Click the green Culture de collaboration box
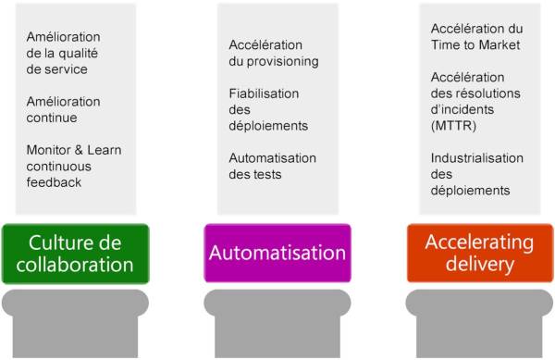tap(75, 253)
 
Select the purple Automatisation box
tap(277, 253)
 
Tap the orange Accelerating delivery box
tap(479, 253)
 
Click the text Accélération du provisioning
tap(274, 54)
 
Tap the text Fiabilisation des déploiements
tap(268, 109)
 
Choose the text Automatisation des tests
tap(273, 166)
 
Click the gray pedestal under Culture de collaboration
tap(75, 315)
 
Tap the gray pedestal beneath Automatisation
tap(277, 315)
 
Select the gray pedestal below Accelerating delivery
tap(479, 315)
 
